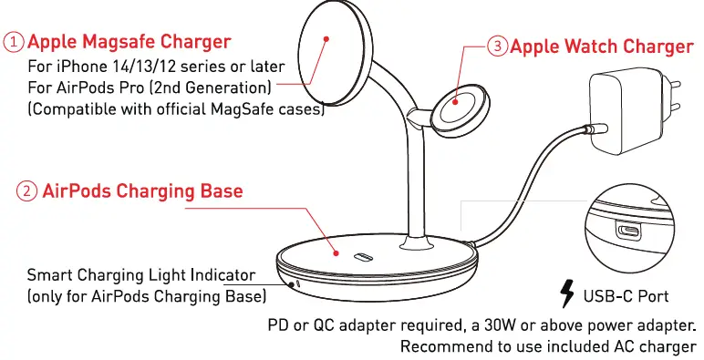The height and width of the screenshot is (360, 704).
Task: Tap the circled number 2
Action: pyautogui.click(x=27, y=191)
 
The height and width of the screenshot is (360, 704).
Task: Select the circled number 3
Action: pyautogui.click(x=497, y=46)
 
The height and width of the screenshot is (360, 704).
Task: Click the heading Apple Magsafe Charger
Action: pyautogui.click(x=129, y=42)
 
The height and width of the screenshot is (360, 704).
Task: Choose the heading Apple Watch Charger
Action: pyautogui.click(x=601, y=46)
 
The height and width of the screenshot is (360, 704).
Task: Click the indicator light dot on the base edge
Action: pyautogui.click(x=298, y=283)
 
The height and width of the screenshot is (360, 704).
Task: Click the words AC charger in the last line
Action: pyautogui.click(x=654, y=346)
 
